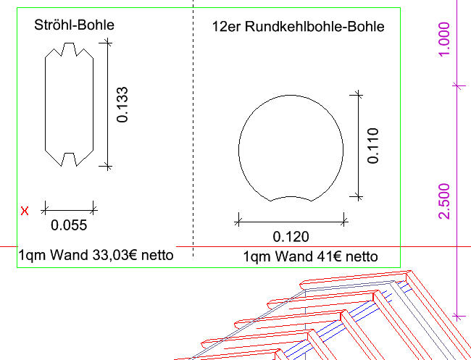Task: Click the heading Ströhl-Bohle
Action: [x=74, y=25]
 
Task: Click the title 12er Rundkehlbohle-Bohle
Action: [x=299, y=26]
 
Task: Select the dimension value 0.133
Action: [x=122, y=105]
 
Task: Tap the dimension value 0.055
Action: [x=69, y=225]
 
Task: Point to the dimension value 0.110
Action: [x=373, y=146]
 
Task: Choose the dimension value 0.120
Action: [x=291, y=237]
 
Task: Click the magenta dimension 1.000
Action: [x=444, y=39]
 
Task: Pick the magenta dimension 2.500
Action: [x=444, y=201]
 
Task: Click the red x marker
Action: [x=25, y=211]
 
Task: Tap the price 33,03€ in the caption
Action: [x=114, y=255]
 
